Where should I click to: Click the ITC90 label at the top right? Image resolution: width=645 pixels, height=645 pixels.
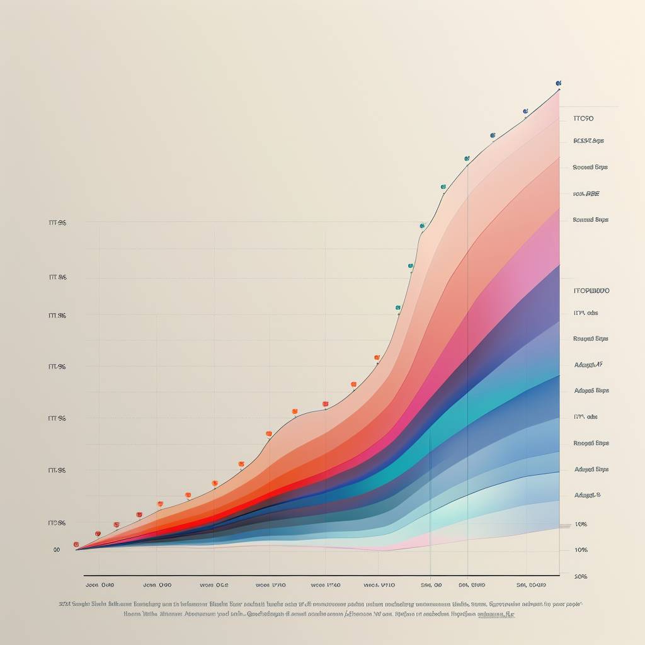pyautogui.click(x=584, y=118)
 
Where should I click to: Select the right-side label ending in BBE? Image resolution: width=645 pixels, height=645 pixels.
pyautogui.click(x=586, y=194)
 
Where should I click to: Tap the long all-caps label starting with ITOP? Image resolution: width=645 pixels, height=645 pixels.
pyautogui.click(x=591, y=291)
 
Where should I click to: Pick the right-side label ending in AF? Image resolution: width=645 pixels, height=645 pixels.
pyautogui.click(x=588, y=365)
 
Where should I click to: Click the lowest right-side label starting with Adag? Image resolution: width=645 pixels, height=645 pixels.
pyautogui.click(x=587, y=495)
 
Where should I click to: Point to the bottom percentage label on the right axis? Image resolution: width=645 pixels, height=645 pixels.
pyautogui.click(x=581, y=576)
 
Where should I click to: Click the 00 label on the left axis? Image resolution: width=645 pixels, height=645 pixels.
pyautogui.click(x=57, y=549)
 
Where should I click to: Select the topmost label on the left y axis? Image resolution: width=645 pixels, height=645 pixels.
pyautogui.click(x=57, y=223)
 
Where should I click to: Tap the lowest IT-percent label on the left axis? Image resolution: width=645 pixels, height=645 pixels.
pyautogui.click(x=57, y=523)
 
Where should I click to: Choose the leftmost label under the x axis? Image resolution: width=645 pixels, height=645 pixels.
pyautogui.click(x=100, y=584)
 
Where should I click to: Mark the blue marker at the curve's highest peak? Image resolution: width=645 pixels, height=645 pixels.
pyautogui.click(x=558, y=83)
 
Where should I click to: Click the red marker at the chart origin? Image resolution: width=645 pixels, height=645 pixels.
pyautogui.click(x=76, y=544)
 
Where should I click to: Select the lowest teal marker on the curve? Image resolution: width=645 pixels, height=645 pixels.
pyautogui.click(x=398, y=308)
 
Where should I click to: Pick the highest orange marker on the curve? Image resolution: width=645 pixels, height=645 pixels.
pyautogui.click(x=377, y=358)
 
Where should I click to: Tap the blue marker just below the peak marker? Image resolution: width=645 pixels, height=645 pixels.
pyautogui.click(x=525, y=111)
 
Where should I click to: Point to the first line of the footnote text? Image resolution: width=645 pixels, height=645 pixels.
pyautogui.click(x=321, y=603)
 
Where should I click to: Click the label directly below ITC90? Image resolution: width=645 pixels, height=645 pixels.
pyautogui.click(x=588, y=141)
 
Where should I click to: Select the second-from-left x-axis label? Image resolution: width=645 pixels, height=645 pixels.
pyautogui.click(x=157, y=584)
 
